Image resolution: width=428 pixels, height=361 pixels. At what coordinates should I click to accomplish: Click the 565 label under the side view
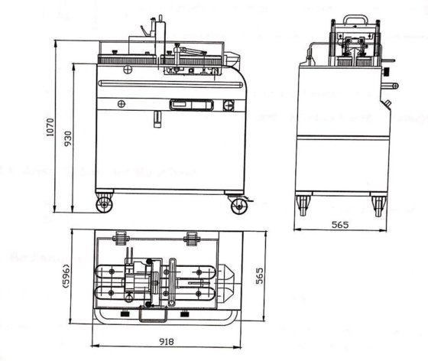click(340, 226)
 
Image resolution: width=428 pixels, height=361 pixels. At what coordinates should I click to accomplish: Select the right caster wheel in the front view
click(238, 205)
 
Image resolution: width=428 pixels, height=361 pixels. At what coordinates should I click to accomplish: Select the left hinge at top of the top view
click(120, 237)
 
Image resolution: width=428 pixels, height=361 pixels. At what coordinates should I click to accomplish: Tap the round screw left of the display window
click(121, 103)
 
